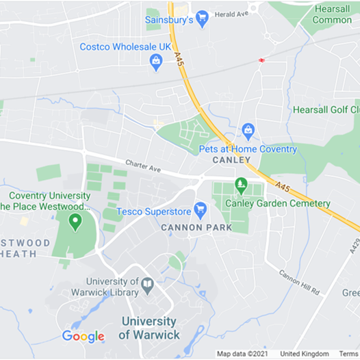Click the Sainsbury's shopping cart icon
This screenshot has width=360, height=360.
[202, 18]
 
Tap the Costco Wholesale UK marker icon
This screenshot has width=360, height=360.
[156, 62]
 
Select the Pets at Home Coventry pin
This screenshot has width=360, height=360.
[248, 130]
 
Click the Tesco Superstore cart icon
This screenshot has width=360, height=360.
[200, 208]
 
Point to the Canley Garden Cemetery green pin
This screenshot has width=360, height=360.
[241, 185]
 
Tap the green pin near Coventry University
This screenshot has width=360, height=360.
[75, 221]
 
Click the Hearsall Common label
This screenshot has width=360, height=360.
[332, 14]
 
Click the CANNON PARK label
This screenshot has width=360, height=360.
[192, 227]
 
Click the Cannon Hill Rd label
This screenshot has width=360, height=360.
[299, 282]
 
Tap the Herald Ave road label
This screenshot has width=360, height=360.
[231, 14]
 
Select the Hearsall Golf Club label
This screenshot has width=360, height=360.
[326, 110]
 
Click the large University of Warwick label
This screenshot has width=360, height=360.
[149, 328]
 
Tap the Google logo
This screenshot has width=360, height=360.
[83, 336]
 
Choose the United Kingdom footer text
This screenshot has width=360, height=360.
[305, 354]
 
